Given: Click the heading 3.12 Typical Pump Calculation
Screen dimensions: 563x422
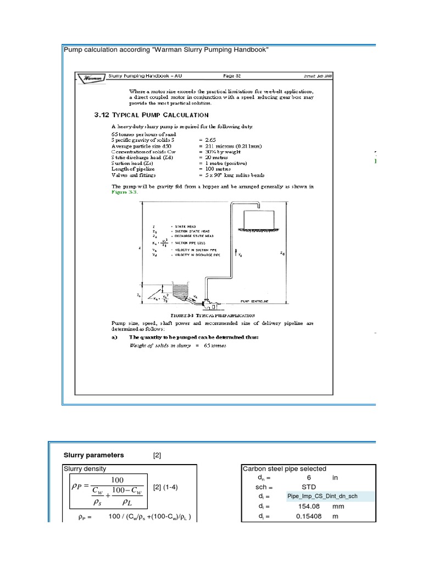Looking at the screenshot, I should [151, 115].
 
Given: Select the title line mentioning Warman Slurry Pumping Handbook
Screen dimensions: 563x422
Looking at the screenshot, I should [166, 50].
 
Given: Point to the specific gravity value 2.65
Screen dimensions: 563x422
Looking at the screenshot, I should [209, 141].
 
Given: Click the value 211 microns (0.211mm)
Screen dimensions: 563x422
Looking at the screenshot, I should [231, 147].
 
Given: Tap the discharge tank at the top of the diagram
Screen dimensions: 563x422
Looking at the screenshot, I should [257, 219].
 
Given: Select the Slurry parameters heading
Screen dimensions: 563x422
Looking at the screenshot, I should [94, 455].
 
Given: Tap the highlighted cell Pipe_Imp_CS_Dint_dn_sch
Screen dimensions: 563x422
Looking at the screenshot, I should [322, 496].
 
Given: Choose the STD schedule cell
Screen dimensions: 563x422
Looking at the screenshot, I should [309, 487].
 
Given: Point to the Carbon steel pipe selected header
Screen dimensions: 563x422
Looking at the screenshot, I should [285, 469].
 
